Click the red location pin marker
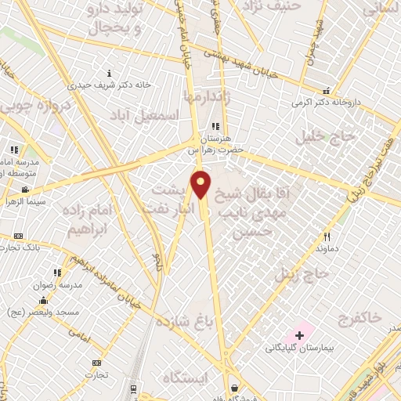point(201,185)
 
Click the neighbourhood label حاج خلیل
point(326,137)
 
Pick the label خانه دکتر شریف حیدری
point(109,84)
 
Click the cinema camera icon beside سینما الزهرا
point(26,189)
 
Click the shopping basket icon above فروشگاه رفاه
point(235,387)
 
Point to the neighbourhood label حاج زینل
point(298,274)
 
